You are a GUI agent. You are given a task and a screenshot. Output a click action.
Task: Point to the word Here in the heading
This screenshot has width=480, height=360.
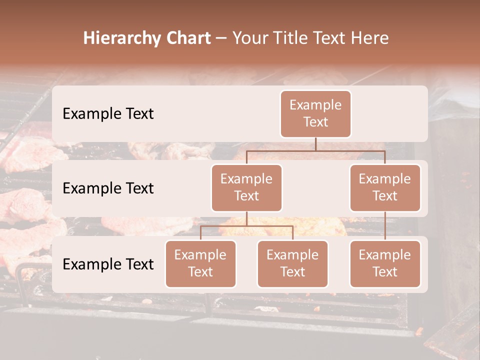pos(370,38)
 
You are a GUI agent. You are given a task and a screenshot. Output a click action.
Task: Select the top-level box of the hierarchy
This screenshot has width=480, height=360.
pos(315,113)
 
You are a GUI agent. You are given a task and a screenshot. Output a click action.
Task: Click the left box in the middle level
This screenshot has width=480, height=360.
pos(246,187)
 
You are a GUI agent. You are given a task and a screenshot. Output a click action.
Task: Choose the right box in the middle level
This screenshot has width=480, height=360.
pos(385,187)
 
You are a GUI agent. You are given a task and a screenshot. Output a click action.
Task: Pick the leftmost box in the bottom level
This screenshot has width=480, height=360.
pos(200,263)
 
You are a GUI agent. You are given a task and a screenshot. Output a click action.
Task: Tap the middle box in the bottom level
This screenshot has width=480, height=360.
pos(292,263)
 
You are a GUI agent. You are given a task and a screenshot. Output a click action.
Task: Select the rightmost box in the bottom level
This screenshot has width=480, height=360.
pos(385,263)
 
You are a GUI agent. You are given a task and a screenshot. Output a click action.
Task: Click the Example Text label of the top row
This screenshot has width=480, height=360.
pos(108,113)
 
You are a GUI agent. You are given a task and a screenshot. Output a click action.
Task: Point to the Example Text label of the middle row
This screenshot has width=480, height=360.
pos(108,188)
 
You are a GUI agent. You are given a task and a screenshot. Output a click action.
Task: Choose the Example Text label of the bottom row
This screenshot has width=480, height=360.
pos(108,264)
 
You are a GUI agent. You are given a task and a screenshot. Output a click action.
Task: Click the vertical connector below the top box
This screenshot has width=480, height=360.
pos(315,144)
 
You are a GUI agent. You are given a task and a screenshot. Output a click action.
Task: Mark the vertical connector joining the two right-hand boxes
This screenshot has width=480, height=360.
pos(385,225)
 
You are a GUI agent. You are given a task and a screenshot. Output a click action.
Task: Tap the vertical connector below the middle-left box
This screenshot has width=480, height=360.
pos(246,218)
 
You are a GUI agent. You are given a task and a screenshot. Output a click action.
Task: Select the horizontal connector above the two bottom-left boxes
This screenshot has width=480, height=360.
pos(246,226)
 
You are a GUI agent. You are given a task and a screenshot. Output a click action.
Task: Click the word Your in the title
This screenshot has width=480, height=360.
pos(249,38)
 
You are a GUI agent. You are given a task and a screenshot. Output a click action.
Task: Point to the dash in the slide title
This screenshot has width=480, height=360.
pos(220,39)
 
